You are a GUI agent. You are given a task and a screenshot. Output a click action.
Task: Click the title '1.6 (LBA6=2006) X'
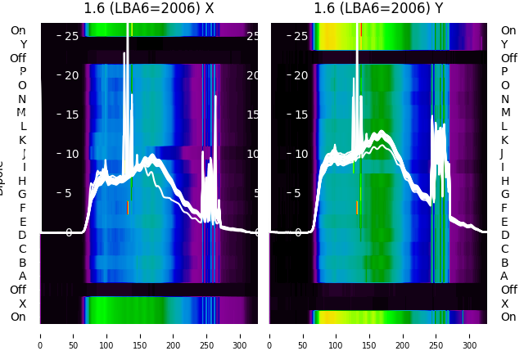(x=149, y=9)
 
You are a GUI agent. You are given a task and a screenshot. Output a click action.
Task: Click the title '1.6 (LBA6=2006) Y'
(x=379, y=9)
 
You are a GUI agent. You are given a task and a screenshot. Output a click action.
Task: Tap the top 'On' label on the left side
(x=18, y=31)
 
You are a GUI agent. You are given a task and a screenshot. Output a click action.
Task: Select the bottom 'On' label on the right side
(x=508, y=317)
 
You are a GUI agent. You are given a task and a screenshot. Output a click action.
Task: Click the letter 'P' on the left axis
(x=22, y=72)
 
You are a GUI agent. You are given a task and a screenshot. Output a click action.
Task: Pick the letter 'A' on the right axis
(x=504, y=276)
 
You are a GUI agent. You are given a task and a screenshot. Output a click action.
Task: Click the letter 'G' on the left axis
(x=22, y=195)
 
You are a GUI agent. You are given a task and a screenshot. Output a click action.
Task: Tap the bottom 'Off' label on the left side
(x=18, y=290)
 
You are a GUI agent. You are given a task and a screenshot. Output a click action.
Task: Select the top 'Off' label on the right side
(x=508, y=58)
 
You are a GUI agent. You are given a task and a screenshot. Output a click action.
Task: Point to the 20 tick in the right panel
(x=300, y=75)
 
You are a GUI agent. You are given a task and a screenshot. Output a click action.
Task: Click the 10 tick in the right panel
(x=300, y=154)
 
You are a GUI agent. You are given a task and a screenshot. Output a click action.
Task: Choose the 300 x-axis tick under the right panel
(x=470, y=335)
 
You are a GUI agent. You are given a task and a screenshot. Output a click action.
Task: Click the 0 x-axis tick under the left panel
(x=40, y=335)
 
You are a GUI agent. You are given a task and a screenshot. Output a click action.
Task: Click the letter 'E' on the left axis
(x=22, y=222)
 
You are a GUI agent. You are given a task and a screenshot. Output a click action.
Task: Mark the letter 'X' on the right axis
(x=504, y=304)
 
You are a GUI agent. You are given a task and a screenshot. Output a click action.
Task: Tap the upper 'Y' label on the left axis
(x=23, y=45)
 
